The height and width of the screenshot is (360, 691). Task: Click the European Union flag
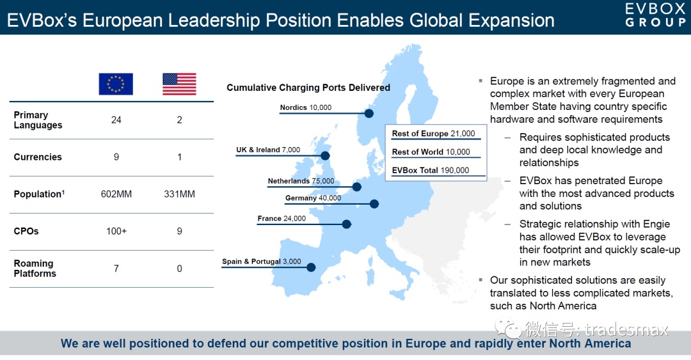[x=116, y=84]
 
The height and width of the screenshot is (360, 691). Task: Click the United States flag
[x=179, y=84]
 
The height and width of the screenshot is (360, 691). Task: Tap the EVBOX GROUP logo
[x=655, y=15]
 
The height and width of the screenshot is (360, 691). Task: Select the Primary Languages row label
[x=38, y=120]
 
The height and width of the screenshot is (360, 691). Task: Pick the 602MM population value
[x=116, y=194]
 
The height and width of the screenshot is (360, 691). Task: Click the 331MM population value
[x=179, y=194]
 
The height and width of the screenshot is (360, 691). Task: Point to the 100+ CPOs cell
[x=116, y=231]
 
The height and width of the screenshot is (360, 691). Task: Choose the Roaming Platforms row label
[x=35, y=269]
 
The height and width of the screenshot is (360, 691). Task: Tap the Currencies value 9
[x=116, y=157]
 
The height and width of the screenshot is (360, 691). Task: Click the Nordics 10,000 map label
[x=305, y=107]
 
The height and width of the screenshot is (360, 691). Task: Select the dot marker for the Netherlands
[x=357, y=187]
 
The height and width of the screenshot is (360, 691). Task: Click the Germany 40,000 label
[x=313, y=198]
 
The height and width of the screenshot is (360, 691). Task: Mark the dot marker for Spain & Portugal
[x=311, y=267]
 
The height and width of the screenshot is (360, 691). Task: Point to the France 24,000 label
[x=282, y=218]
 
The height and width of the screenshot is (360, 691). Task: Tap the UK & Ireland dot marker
[x=325, y=155]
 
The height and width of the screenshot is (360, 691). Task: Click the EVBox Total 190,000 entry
[x=431, y=170]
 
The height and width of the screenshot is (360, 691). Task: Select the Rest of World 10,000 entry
[x=431, y=152]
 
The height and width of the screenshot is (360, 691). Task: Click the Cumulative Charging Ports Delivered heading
[x=308, y=87]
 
